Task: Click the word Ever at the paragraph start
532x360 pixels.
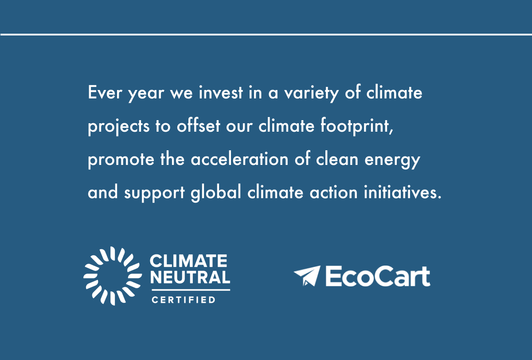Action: coord(105,92)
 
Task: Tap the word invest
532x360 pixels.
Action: coord(221,92)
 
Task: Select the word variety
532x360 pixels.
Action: coord(311,94)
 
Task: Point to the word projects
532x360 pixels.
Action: coord(119,127)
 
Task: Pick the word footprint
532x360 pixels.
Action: coord(357,126)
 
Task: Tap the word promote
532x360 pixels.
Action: coord(121,160)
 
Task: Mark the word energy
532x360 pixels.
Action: coord(392,161)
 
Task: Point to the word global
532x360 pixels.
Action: coord(216,193)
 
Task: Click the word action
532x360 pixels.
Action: coord(334,192)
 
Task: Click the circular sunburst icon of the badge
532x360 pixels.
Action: coord(113,276)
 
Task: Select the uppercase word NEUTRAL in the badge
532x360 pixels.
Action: coord(190,277)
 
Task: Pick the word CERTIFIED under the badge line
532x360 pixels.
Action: coord(184,300)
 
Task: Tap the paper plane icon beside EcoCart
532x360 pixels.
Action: coord(307,276)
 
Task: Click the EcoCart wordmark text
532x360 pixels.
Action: coord(378,276)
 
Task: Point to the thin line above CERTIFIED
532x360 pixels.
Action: coord(191,290)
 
